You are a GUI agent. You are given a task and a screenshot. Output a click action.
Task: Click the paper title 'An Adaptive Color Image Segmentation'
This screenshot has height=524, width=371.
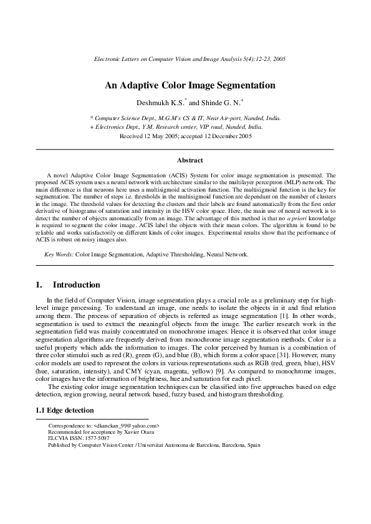tap(185, 85)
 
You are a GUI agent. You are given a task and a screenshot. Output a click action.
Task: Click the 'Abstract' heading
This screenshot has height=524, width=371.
tap(185, 160)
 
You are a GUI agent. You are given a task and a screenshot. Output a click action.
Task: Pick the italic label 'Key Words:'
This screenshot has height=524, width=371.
tap(59, 254)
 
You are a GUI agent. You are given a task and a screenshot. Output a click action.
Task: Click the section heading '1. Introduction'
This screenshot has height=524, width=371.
tap(69, 284)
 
